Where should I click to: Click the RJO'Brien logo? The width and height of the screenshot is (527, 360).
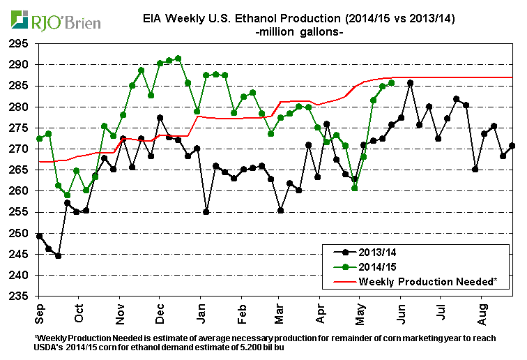click(52, 22)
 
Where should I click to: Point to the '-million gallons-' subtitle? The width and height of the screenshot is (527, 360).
click(300, 32)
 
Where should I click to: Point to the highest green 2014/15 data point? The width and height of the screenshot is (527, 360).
click(178, 58)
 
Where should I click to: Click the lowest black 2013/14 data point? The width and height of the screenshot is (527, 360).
click(59, 255)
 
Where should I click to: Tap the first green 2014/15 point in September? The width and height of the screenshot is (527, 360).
click(39, 138)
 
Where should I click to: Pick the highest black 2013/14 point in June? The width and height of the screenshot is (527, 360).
click(410, 83)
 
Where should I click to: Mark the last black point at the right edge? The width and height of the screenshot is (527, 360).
click(512, 146)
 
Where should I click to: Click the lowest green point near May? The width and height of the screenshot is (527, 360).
click(355, 188)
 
